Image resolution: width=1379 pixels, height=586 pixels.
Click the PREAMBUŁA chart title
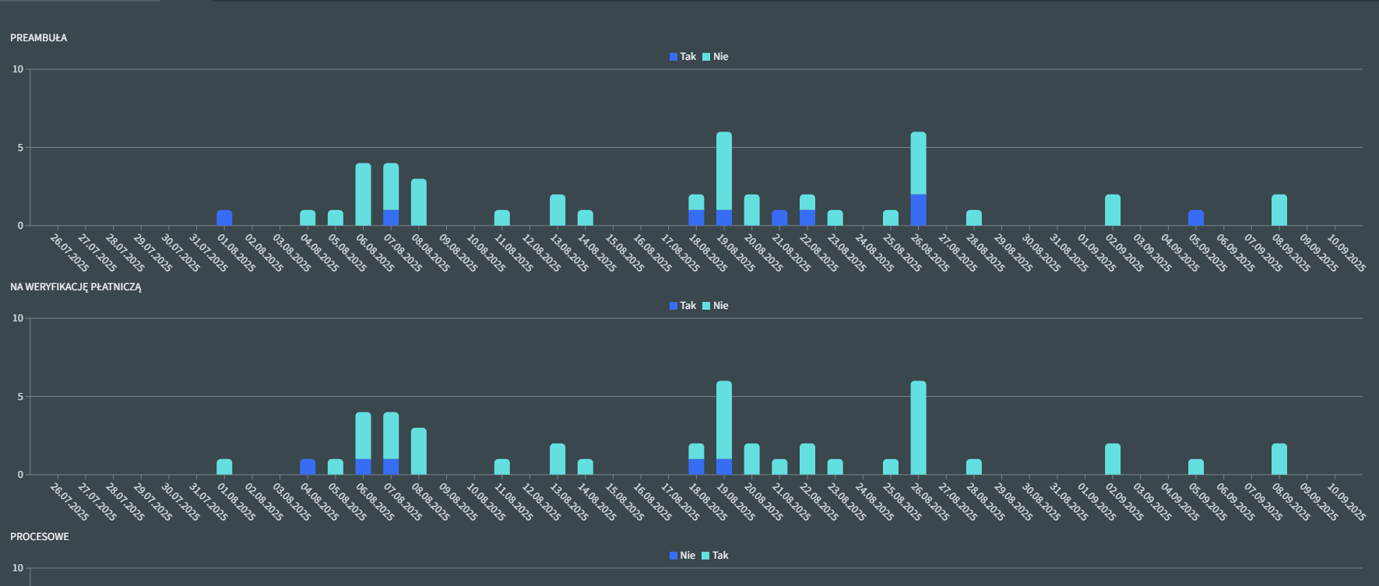[x=38, y=37]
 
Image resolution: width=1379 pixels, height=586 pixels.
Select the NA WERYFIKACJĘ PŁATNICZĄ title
[x=76, y=286]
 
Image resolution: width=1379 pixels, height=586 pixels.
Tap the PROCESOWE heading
[x=39, y=536]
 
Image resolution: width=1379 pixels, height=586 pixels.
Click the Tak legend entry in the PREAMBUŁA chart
[x=683, y=57]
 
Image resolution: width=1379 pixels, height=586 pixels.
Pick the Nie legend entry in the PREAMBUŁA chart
[x=716, y=57]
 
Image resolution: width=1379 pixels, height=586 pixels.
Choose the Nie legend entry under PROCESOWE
[x=683, y=556]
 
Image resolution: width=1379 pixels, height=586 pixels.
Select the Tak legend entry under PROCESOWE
[x=716, y=556]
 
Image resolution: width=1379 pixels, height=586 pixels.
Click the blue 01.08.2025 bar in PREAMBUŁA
[x=224, y=218]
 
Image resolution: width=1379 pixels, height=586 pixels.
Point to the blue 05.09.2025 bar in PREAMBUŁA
[x=1196, y=218]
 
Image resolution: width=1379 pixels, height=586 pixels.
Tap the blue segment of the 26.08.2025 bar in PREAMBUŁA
[x=918, y=210]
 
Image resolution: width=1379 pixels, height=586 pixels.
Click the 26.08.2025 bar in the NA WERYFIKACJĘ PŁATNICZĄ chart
[x=918, y=428]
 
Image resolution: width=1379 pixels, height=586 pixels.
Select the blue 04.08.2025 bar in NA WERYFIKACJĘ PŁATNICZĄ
[x=308, y=467]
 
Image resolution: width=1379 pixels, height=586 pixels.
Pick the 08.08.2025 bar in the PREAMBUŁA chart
[x=419, y=202]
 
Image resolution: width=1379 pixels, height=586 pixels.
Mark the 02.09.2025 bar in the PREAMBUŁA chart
[x=1113, y=210]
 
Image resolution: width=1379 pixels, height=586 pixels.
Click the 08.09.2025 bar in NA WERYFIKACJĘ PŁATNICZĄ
[x=1279, y=459]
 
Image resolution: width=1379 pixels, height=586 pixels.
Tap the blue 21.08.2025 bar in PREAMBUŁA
[x=779, y=218]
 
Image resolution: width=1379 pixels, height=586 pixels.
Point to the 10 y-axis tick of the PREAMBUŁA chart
[x=18, y=69]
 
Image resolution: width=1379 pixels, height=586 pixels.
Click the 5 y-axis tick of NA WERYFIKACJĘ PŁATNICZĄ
[x=20, y=397]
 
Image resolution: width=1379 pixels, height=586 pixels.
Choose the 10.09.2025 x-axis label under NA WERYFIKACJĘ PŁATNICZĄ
[x=1347, y=498]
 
